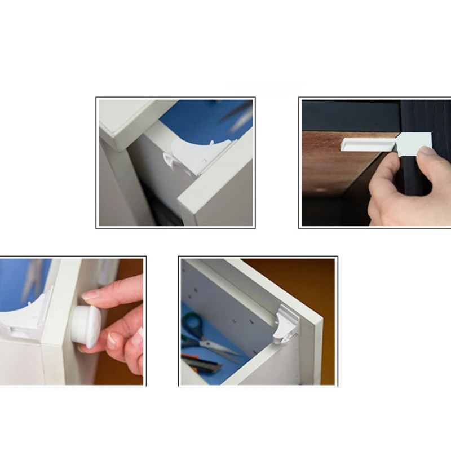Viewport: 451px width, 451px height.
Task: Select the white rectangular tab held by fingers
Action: pyautogui.click(x=414, y=144)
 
